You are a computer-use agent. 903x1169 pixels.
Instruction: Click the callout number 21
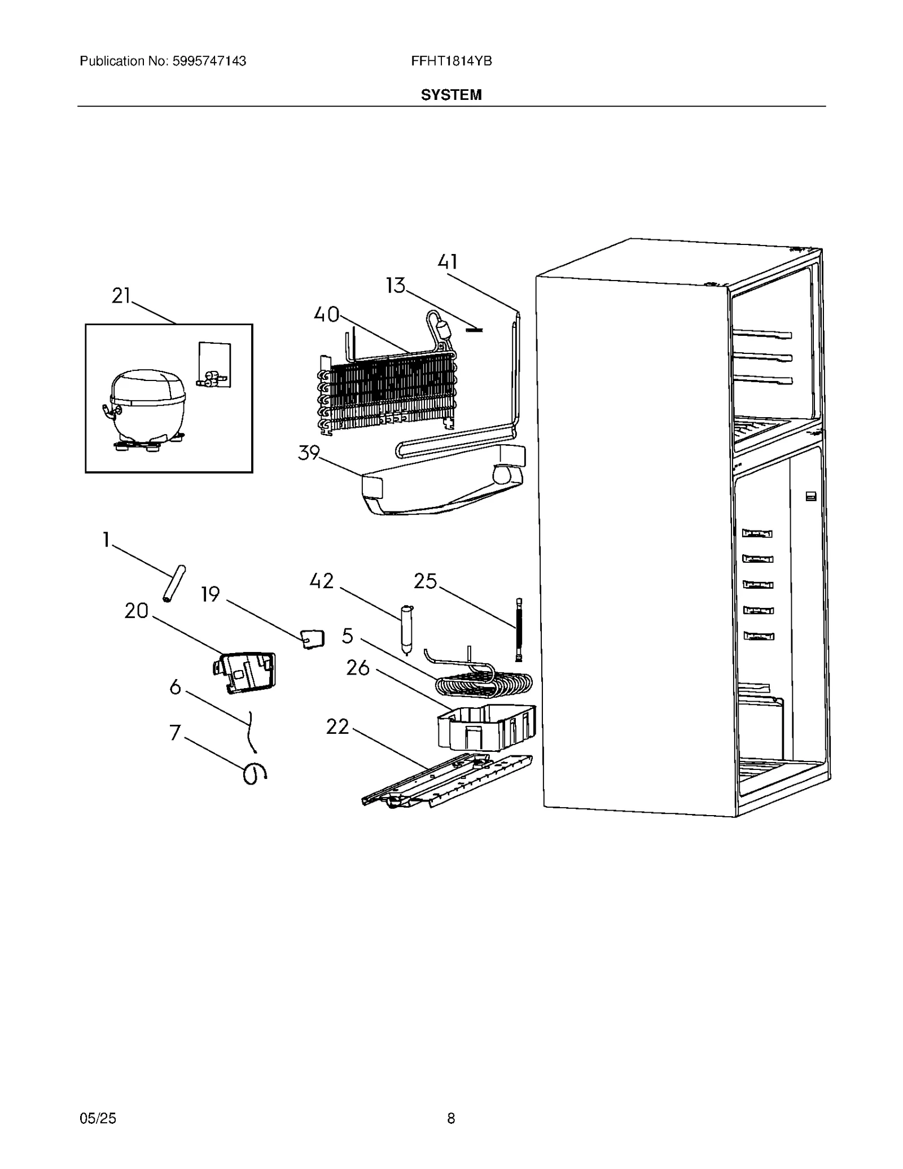click(121, 296)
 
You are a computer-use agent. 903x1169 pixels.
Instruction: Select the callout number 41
click(448, 262)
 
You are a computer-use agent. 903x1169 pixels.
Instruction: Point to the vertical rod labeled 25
click(518, 629)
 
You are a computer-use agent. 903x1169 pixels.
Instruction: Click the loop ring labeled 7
click(254, 774)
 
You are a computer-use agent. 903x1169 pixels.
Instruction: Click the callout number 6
click(176, 688)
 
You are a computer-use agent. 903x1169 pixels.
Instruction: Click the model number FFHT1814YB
click(451, 62)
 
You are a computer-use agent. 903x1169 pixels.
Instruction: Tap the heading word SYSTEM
click(451, 95)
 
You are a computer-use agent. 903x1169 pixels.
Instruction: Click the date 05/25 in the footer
click(98, 1118)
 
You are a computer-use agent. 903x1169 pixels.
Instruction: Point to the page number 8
click(450, 1118)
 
